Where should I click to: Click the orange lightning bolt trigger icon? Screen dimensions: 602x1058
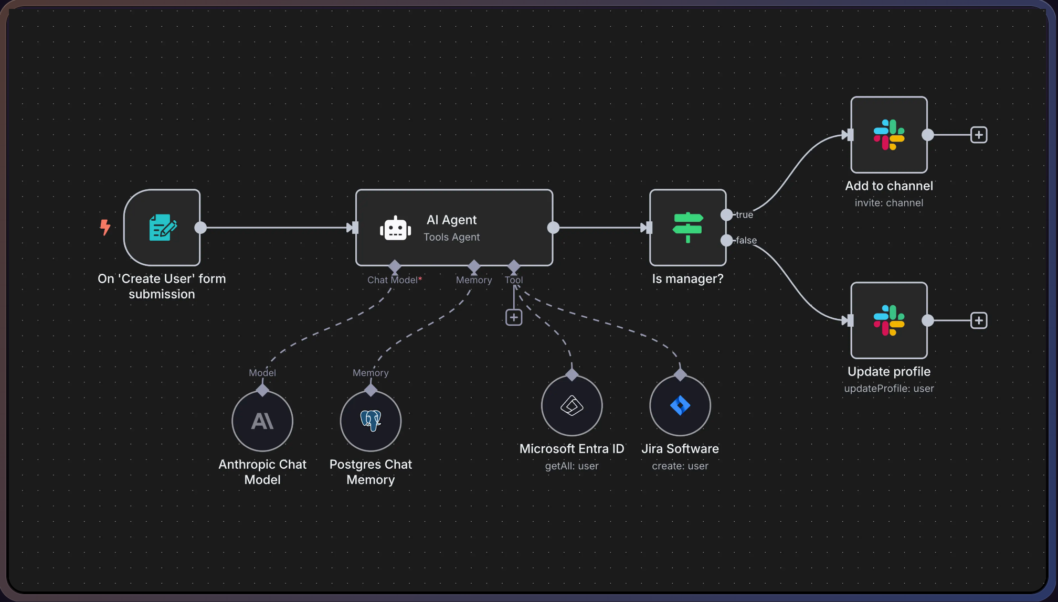pyautogui.click(x=105, y=227)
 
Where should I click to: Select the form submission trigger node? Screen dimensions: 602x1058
pyautogui.click(x=162, y=228)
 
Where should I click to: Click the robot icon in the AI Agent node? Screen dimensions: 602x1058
pyautogui.click(x=395, y=229)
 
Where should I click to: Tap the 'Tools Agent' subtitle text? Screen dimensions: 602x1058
pyautogui.click(x=451, y=237)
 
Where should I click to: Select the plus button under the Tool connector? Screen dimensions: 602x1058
pyautogui.click(x=514, y=317)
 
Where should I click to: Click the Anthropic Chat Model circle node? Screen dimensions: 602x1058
pyautogui.click(x=262, y=421)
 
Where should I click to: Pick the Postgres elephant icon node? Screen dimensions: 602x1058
pyautogui.click(x=371, y=421)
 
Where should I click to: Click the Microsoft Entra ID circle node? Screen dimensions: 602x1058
pyautogui.click(x=572, y=405)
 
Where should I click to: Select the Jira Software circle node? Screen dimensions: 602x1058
pyautogui.click(x=680, y=405)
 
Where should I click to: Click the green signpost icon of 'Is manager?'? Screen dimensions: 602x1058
pyautogui.click(x=687, y=228)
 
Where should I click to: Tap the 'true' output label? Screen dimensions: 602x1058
pyautogui.click(x=744, y=215)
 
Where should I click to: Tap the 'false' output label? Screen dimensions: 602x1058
pyautogui.click(x=746, y=241)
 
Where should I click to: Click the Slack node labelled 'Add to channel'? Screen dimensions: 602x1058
pyautogui.click(x=888, y=135)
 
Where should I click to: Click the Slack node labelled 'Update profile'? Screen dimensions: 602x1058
pyautogui.click(x=888, y=320)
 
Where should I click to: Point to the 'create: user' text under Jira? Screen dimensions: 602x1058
pyautogui.click(x=680, y=466)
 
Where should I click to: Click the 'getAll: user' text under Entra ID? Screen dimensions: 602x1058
pyautogui.click(x=572, y=466)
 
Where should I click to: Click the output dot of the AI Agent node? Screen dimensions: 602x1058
pyautogui.click(x=553, y=228)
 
